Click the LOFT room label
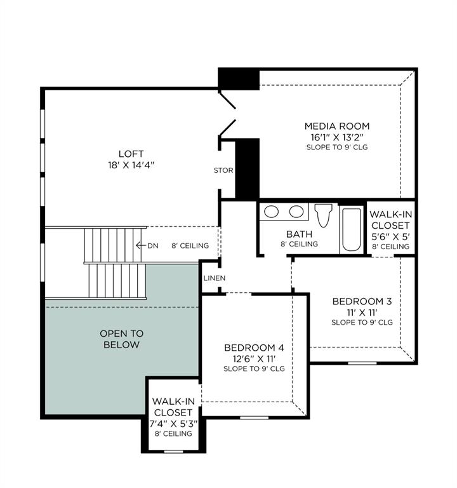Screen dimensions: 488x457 131,154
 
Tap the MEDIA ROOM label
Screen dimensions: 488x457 336,126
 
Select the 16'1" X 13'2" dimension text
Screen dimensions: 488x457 336,137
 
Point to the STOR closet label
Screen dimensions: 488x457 223,170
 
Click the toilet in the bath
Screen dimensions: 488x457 323,215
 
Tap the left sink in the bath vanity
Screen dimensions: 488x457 272,212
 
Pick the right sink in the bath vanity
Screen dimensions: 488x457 296,212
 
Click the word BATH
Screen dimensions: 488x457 299,234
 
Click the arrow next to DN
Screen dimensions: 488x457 141,246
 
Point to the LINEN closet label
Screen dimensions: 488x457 213,278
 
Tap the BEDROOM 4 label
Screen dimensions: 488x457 254,348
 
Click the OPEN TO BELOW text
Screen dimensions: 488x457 122,339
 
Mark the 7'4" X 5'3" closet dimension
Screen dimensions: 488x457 173,423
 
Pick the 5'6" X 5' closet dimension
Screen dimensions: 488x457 390,236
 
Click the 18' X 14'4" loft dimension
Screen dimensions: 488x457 131,165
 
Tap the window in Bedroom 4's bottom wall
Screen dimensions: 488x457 254,417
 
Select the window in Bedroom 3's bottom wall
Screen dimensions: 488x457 362,363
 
